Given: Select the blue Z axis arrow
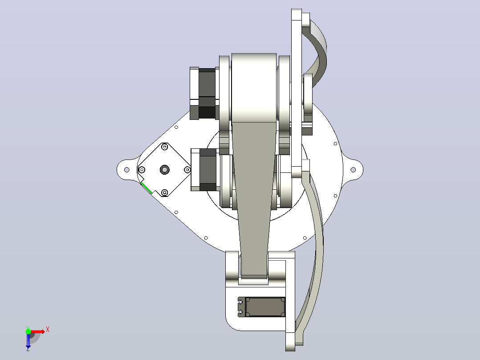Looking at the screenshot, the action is click(x=28, y=340).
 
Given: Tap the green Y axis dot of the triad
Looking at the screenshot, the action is click(x=28, y=331).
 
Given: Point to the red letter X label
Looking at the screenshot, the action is click(x=48, y=330).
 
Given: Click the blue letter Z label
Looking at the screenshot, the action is click(x=28, y=349).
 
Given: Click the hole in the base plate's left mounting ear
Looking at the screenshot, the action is click(x=127, y=170).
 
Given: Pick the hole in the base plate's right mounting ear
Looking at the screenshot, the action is click(x=353, y=170).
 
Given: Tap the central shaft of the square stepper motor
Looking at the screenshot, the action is click(x=165, y=170).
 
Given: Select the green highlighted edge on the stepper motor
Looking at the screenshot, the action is click(x=146, y=188).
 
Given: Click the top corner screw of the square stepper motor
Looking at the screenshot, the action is click(x=165, y=147).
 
